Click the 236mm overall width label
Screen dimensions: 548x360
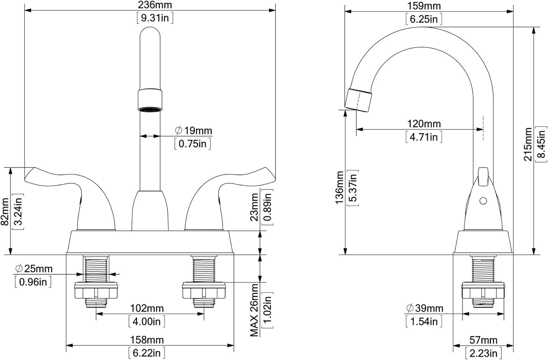pos(155,5)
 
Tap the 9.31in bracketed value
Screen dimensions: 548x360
pos(155,18)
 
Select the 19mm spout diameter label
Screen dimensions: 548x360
pos(194,130)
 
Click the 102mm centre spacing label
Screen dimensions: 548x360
pos(147,308)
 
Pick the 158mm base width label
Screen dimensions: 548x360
pos(147,340)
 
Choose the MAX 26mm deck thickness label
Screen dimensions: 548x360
pos(254,310)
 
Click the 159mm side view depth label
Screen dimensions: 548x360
pos(424,6)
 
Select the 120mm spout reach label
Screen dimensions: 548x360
pos(424,124)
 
